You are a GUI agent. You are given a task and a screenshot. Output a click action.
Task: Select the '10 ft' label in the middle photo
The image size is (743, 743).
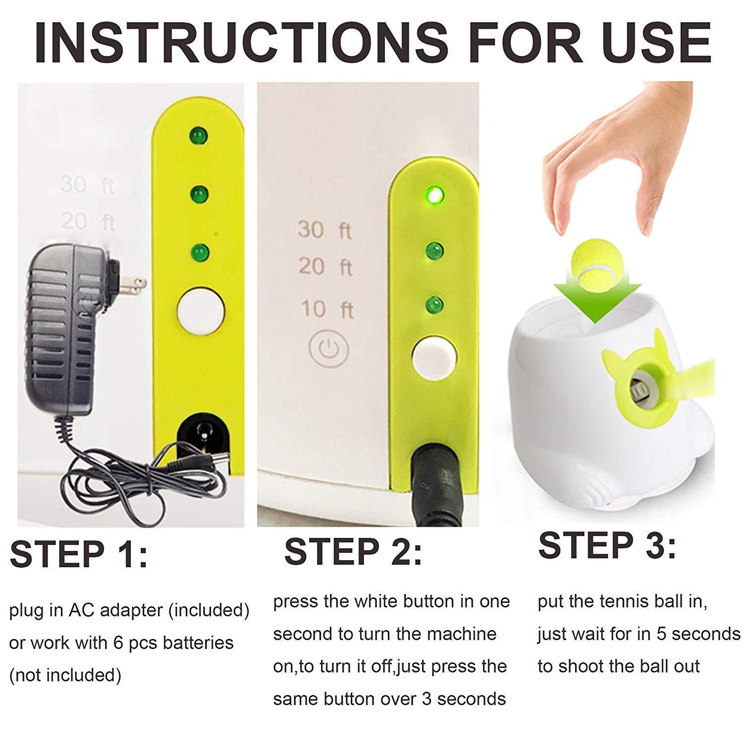coord(326,309)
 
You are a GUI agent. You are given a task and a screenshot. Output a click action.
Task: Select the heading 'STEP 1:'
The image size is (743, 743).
coord(79,554)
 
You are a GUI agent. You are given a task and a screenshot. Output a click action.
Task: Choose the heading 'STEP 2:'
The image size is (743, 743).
coord(353,551)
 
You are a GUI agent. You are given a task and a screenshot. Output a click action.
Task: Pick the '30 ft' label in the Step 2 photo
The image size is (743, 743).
coord(324,230)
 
